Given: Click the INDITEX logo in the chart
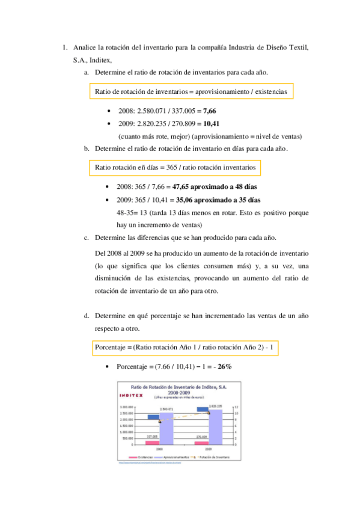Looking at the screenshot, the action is (128, 395).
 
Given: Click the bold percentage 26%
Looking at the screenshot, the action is (225, 366).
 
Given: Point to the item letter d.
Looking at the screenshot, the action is (87, 315).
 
